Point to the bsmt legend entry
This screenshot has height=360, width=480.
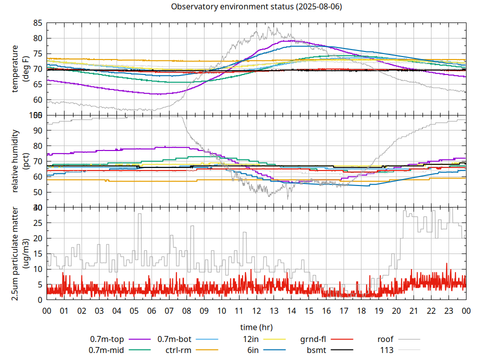point(316,350)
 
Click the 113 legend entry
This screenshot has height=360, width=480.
point(387,350)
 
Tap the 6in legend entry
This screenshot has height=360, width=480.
point(253,350)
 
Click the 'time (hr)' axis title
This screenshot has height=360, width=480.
point(256,327)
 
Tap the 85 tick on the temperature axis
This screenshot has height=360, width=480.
point(37,23)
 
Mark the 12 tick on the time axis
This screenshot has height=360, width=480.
point(256,310)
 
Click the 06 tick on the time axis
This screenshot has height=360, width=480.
point(151,310)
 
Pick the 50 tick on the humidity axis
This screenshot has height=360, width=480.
point(37,192)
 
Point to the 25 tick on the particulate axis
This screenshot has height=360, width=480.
point(37,223)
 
